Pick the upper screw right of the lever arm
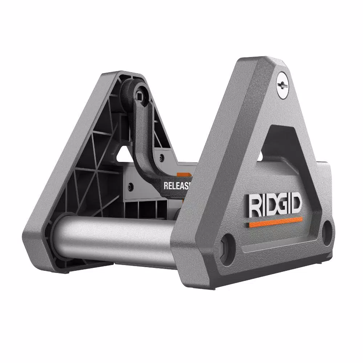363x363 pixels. coord(161,158)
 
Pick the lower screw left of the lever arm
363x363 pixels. coord(130,186)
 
